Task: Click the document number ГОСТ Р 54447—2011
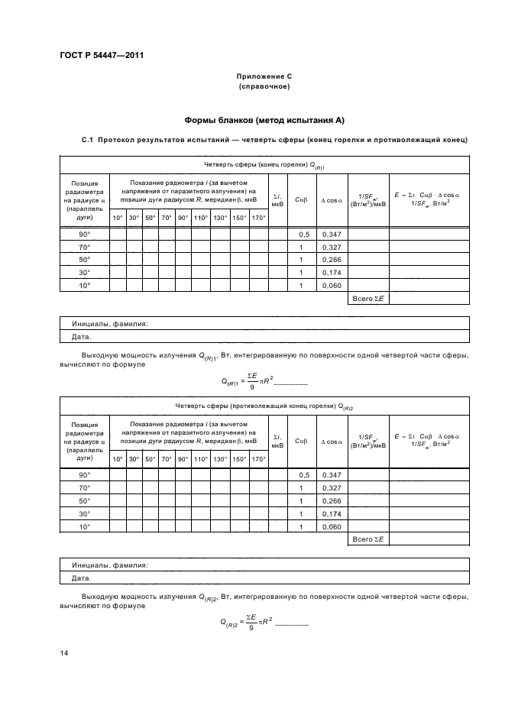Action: [x=102, y=55]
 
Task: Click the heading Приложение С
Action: [x=264, y=76]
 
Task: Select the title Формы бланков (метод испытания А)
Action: [x=264, y=121]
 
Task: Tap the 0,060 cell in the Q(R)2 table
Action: [x=331, y=526]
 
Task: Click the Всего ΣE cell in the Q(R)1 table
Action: [x=368, y=297]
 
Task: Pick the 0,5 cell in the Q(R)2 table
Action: [x=302, y=474]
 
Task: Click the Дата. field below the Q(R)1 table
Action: [x=81, y=336]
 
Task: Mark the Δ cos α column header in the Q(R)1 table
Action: [x=331, y=199]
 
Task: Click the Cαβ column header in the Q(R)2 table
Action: [x=302, y=441]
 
